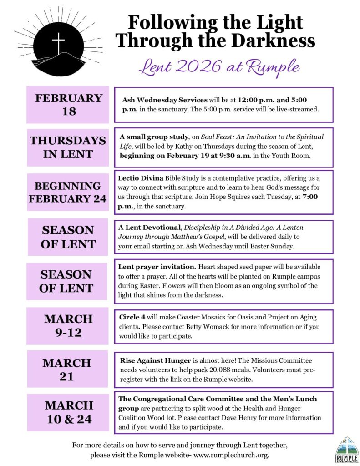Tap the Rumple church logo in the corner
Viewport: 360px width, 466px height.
click(x=347, y=449)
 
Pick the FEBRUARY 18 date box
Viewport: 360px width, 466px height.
click(x=68, y=105)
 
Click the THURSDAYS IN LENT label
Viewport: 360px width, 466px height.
click(x=68, y=147)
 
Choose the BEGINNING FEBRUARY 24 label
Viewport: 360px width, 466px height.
click(x=68, y=192)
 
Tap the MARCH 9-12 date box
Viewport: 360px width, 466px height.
click(x=68, y=325)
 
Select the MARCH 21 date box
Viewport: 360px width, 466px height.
click(x=67, y=370)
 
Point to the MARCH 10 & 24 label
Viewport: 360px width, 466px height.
click(x=68, y=412)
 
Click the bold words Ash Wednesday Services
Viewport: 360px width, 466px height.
click(x=165, y=100)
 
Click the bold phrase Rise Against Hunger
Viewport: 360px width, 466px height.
click(x=152, y=360)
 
